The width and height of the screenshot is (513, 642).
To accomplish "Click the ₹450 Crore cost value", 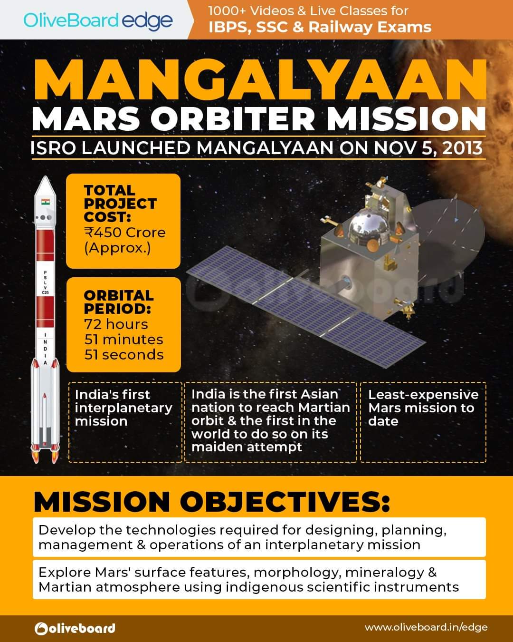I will coord(125,233).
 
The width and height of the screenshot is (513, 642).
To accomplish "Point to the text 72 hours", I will coord(116,324).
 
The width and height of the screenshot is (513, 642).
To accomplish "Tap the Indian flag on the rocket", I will coord(46,201).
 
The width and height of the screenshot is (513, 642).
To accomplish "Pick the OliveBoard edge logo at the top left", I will coord(98,20).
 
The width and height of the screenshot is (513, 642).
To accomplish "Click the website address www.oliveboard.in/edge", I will coord(426,628).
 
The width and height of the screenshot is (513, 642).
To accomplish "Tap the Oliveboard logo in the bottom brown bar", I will coord(75,628).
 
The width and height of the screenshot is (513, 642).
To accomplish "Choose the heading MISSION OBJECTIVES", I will coord(211,502).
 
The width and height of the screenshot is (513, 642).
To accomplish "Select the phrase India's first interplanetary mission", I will coord(123,408).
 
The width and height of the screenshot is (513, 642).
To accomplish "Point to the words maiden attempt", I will coord(247,447).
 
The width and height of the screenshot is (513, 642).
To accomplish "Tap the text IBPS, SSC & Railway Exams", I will coord(320,27).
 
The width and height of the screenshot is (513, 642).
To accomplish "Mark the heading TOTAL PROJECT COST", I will coord(120,204).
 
